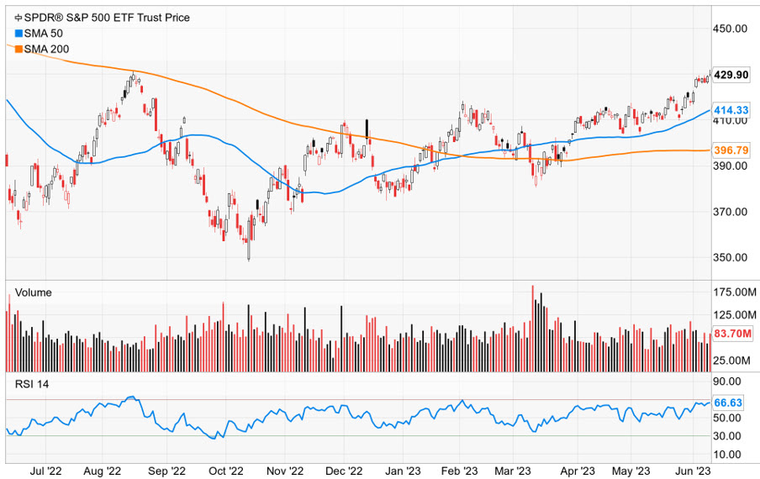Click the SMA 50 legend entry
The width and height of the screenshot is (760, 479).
pos(37,33)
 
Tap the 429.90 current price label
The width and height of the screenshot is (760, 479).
pos(731,75)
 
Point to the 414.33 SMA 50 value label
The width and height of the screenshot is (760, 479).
pos(731,110)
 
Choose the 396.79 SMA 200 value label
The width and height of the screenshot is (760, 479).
pos(731,150)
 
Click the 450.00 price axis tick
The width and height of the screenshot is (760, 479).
pos(731,28)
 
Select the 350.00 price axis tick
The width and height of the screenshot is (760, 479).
pos(731,257)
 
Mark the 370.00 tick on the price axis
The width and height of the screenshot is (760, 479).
pos(731,212)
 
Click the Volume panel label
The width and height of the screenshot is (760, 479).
pos(34,292)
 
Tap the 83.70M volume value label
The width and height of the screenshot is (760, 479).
pos(731,334)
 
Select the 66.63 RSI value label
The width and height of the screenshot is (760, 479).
pos(728,403)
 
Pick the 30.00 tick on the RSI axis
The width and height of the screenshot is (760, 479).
pos(728,435)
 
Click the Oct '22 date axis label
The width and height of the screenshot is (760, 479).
pos(225,471)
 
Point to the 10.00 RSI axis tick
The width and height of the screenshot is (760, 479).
pos(728,455)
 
